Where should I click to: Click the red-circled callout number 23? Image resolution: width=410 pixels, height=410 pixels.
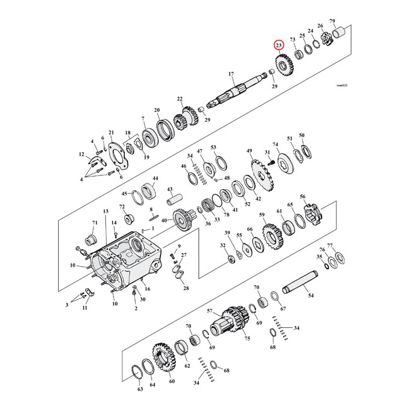[278, 45]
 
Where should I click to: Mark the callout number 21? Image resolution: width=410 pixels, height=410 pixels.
[111, 132]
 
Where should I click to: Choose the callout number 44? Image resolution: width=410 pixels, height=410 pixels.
[155, 179]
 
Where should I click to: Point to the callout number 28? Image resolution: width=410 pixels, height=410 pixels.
[185, 288]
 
